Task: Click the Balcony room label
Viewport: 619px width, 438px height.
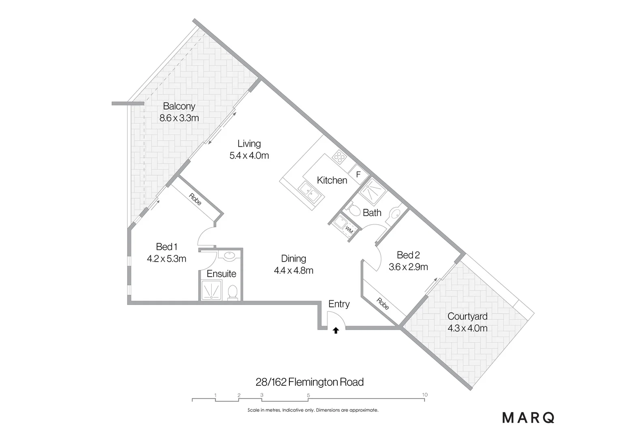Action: [x=179, y=106]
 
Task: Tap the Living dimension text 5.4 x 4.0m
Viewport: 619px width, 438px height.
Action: [x=249, y=155]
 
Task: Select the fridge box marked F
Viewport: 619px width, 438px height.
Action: [x=358, y=175]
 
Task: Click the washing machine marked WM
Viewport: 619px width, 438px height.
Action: [x=348, y=230]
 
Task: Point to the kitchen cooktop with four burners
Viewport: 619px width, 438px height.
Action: [x=339, y=157]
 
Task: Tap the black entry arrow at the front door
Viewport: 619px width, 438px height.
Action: [x=336, y=331]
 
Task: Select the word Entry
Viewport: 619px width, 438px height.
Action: [x=339, y=304]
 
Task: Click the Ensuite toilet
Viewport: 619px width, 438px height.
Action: [x=233, y=292]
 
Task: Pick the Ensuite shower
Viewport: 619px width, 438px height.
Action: [x=212, y=290]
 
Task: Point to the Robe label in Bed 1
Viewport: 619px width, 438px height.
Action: [x=195, y=199]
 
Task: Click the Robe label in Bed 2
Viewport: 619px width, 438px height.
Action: [x=383, y=304]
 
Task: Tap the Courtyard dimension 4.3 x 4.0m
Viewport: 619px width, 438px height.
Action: [x=467, y=328]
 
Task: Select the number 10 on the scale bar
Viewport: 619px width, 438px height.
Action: [x=424, y=395]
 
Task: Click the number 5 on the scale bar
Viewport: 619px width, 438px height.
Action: [x=308, y=395]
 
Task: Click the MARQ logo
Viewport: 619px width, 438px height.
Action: [x=528, y=418]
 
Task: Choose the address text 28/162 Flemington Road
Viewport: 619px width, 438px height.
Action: [x=310, y=382]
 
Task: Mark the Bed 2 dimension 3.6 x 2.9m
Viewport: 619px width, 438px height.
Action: [x=408, y=267]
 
